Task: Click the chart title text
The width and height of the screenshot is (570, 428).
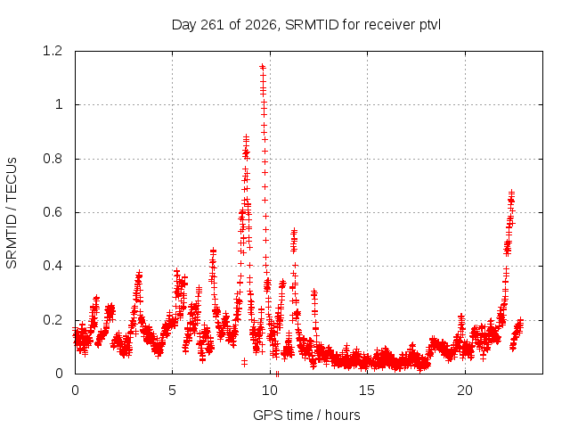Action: click(x=306, y=25)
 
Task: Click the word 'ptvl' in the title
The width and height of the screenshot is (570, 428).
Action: click(x=430, y=26)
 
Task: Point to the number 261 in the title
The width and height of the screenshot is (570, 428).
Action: click(x=212, y=25)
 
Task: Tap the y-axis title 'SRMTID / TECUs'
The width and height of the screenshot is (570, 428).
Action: click(x=12, y=213)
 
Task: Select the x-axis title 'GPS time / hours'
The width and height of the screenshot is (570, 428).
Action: click(x=306, y=415)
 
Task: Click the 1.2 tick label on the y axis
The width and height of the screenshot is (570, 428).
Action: click(x=53, y=51)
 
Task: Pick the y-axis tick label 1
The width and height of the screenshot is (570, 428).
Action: click(x=59, y=105)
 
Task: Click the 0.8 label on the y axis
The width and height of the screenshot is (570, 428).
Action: click(x=53, y=159)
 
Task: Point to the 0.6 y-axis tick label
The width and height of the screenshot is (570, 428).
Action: click(x=53, y=212)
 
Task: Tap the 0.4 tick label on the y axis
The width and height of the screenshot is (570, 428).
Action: click(x=53, y=266)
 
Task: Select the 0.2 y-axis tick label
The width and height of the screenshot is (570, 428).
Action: click(x=53, y=320)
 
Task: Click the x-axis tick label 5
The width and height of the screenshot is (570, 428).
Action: click(x=172, y=391)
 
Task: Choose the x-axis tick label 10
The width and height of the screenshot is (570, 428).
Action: click(x=270, y=391)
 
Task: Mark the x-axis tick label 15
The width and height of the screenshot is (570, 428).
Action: click(x=367, y=391)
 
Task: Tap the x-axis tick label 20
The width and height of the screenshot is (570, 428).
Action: click(x=465, y=391)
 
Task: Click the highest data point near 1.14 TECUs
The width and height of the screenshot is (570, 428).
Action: click(x=263, y=67)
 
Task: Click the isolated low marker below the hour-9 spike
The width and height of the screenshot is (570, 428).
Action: click(x=244, y=362)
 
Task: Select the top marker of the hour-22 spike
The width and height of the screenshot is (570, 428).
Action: click(x=511, y=193)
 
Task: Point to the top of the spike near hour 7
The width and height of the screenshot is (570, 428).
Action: click(x=213, y=251)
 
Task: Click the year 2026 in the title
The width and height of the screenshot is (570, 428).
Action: click(x=261, y=25)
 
